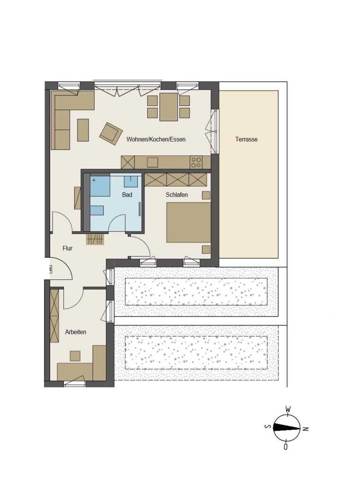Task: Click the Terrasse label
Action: pyautogui.click(x=246, y=139)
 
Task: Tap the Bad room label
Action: pyautogui.click(x=127, y=195)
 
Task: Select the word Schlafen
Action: pyautogui.click(x=177, y=195)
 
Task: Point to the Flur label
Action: pyautogui.click(x=67, y=248)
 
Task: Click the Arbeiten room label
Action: pyautogui.click(x=76, y=332)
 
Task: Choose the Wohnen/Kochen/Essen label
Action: pyautogui.click(x=156, y=139)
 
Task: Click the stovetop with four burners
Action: pyautogui.click(x=196, y=163)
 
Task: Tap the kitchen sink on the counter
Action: pyautogui.click(x=153, y=162)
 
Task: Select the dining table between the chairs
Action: pyautogui.click(x=168, y=107)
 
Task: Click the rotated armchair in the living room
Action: pyautogui.click(x=110, y=133)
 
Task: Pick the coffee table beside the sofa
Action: pyautogui.click(x=83, y=130)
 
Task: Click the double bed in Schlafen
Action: pyautogui.click(x=188, y=222)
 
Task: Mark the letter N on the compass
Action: pyautogui.click(x=305, y=429)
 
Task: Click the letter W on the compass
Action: pyautogui.click(x=288, y=409)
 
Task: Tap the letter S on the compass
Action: pyautogui.click(x=268, y=427)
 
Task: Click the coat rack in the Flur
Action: pyautogui.click(x=95, y=239)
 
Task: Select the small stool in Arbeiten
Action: pyautogui.click(x=75, y=356)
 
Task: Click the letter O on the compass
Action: pyautogui.click(x=286, y=446)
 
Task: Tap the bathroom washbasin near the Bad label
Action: pyautogui.click(x=131, y=181)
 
